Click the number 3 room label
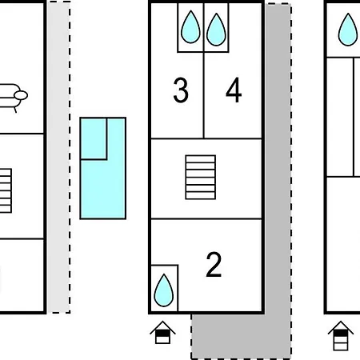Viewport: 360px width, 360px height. [x=181, y=90]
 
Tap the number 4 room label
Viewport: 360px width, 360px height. [x=234, y=90]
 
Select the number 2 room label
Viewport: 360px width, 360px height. [x=214, y=265]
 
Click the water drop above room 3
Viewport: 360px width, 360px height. [x=190, y=27]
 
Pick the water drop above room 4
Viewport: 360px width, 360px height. [x=216, y=30]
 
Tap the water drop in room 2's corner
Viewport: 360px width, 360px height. [x=164, y=290]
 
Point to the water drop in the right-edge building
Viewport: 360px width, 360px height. [x=348, y=30]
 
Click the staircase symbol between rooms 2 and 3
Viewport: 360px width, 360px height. [x=201, y=177]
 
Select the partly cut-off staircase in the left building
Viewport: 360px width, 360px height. [x=6, y=190]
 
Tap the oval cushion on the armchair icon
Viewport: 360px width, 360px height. [x=21, y=95]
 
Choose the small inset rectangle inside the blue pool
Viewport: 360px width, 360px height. [x=94, y=138]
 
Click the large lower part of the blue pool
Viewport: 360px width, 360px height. [x=103, y=190]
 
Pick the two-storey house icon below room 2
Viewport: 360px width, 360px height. [x=162, y=333]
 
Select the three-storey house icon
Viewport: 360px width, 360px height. [x=341, y=336]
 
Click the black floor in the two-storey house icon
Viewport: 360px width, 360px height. [x=162, y=334]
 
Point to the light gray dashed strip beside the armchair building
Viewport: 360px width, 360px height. [x=59, y=158]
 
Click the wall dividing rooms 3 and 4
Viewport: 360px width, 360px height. [x=204, y=95]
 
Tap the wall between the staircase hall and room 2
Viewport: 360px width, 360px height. [x=206, y=218]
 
